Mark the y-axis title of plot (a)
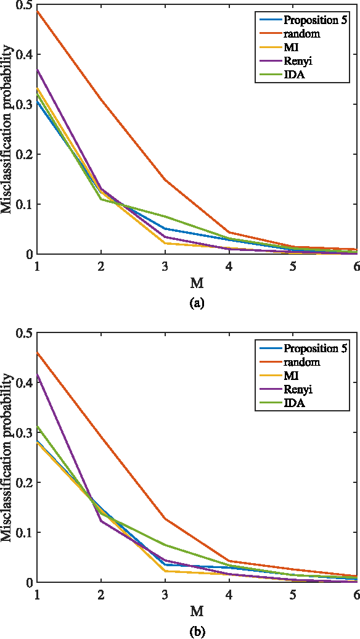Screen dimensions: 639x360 point(7,130)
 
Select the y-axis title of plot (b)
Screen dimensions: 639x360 point(7,458)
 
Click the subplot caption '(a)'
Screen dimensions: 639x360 point(197,303)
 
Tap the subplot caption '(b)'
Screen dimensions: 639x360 point(197,631)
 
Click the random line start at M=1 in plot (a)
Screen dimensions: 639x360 point(38,11)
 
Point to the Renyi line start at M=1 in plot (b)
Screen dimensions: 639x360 point(38,374)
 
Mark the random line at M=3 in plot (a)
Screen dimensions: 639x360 point(165,180)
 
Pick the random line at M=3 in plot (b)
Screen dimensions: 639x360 point(165,519)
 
